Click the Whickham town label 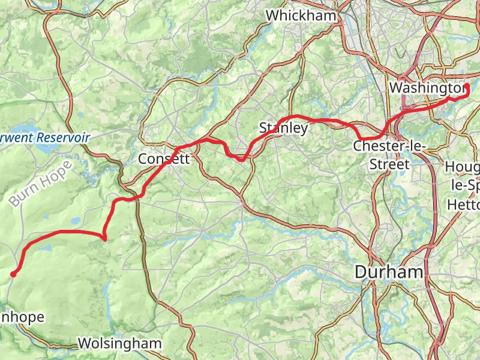pyautogui.click(x=301, y=15)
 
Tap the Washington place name pyautogui.click(x=427, y=88)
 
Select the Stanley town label pyautogui.click(x=283, y=127)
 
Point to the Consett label pyautogui.click(x=164, y=159)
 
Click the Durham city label pyautogui.click(x=389, y=272)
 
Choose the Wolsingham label pyautogui.click(x=120, y=344)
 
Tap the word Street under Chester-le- pyautogui.click(x=389, y=164)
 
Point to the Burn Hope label pyautogui.click(x=40, y=184)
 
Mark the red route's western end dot pyautogui.click(x=13, y=274)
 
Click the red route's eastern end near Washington pyautogui.click(x=466, y=87)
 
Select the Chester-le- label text pyautogui.click(x=389, y=146)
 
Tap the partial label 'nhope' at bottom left pyautogui.click(x=22, y=317)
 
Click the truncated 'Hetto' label pyautogui.click(x=464, y=205)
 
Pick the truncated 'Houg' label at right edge pyautogui.click(x=463, y=166)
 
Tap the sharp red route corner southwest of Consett pyautogui.click(x=104, y=239)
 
